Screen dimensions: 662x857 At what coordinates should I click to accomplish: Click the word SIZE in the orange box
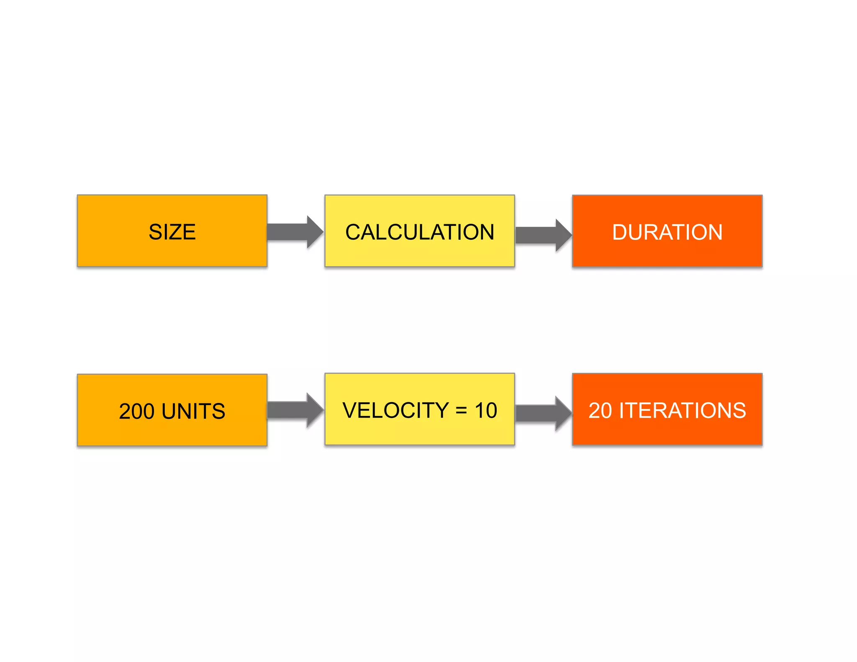tap(172, 232)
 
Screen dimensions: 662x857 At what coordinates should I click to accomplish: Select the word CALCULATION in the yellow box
tap(420, 232)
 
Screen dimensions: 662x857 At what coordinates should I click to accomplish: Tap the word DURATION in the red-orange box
tap(667, 232)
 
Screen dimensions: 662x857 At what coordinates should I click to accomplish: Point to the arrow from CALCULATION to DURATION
tap(543, 235)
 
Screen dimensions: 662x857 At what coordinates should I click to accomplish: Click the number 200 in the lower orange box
tap(136, 411)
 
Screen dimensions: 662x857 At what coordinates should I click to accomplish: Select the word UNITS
tap(193, 411)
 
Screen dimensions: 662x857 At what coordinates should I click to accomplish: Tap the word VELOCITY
tap(395, 410)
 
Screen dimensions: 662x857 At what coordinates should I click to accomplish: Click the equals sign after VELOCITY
tap(461, 411)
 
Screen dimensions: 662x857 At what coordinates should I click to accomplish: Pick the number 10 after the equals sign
tap(486, 410)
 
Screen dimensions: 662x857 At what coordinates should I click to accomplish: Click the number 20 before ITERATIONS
tap(600, 411)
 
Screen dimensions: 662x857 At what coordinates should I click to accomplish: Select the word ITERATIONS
tap(683, 411)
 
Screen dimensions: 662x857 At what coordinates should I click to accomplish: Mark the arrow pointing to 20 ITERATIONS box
tap(543, 413)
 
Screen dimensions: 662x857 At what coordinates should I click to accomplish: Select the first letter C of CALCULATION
tap(353, 232)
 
